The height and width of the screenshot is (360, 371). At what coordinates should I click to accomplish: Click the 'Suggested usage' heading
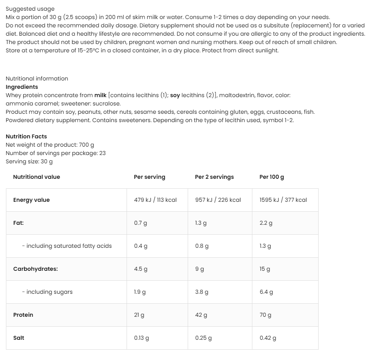pyautogui.click(x=30, y=9)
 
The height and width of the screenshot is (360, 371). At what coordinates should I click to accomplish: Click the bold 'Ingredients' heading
pyautogui.click(x=22, y=87)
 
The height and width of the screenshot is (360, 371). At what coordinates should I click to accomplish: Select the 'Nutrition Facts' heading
pyautogui.click(x=26, y=136)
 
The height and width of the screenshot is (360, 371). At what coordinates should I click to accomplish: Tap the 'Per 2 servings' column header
pyautogui.click(x=214, y=177)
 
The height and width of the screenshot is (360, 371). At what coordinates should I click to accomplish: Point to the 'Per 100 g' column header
pyautogui.click(x=271, y=177)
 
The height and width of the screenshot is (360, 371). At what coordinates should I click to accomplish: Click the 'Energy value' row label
pyautogui.click(x=31, y=200)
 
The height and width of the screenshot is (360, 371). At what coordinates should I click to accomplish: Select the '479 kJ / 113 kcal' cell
pyautogui.click(x=155, y=200)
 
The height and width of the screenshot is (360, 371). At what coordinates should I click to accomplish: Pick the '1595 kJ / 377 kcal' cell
pyautogui.click(x=283, y=200)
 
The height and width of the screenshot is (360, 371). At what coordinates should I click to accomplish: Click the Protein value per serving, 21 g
pyautogui.click(x=139, y=315)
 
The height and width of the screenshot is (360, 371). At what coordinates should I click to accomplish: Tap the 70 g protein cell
pyautogui.click(x=265, y=315)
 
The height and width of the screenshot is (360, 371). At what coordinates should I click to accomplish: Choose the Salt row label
pyautogui.click(x=19, y=338)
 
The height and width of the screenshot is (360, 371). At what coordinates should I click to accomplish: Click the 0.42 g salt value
pyautogui.click(x=268, y=338)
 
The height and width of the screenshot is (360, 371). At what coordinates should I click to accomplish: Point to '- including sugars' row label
pyautogui.click(x=47, y=292)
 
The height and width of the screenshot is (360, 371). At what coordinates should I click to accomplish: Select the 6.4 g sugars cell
pyautogui.click(x=266, y=292)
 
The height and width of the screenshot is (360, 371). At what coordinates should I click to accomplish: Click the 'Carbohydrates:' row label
pyautogui.click(x=35, y=269)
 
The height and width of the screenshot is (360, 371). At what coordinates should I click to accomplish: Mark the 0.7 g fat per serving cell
pyautogui.click(x=140, y=223)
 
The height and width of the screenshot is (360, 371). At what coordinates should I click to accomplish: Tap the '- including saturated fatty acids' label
pyautogui.click(x=67, y=246)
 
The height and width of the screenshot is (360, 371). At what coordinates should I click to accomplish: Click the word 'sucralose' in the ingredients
pyautogui.click(x=106, y=103)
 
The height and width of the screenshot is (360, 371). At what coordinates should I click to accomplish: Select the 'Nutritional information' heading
pyautogui.click(x=37, y=79)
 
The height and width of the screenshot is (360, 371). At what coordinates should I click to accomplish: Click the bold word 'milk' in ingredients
pyautogui.click(x=100, y=95)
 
